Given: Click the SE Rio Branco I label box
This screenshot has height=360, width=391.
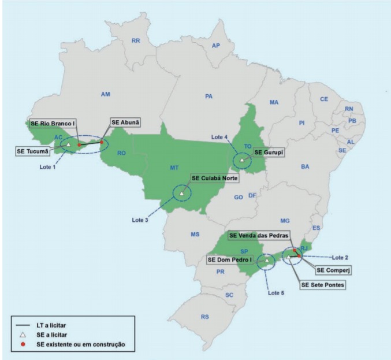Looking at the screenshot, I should (x=56, y=123).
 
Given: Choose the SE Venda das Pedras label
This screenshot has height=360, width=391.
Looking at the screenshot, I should (x=258, y=235).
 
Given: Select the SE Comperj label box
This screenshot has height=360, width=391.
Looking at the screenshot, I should (x=333, y=269).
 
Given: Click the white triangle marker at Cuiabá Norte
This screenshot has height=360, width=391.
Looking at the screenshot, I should (x=182, y=193).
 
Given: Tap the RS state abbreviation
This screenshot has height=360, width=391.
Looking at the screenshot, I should (x=204, y=317).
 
